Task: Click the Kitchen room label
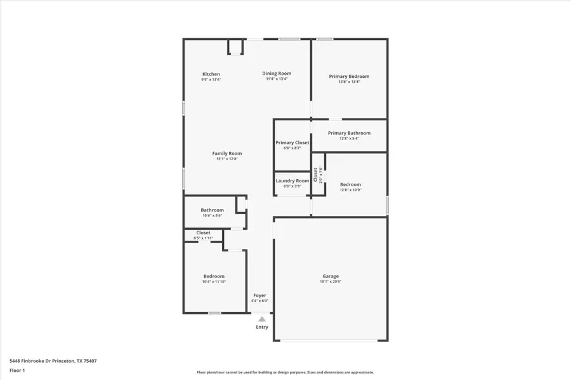click(x=211, y=74)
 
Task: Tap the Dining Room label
click(x=277, y=73)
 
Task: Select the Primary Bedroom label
click(x=349, y=76)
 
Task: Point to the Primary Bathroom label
click(x=349, y=133)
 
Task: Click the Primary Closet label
click(x=292, y=142)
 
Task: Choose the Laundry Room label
click(x=292, y=180)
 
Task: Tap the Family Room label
click(x=226, y=153)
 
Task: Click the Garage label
click(x=331, y=276)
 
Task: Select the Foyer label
click(x=259, y=296)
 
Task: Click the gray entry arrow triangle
click(x=262, y=319)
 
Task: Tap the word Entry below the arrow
click(x=262, y=327)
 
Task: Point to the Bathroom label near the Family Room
click(x=212, y=210)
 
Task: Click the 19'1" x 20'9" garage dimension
click(x=331, y=282)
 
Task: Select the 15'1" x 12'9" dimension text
click(x=226, y=159)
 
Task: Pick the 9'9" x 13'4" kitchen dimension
click(x=211, y=80)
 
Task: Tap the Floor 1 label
click(x=16, y=370)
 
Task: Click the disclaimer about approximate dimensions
click(x=285, y=372)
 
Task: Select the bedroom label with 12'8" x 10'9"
click(x=350, y=184)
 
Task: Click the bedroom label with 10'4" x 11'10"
click(x=214, y=276)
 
